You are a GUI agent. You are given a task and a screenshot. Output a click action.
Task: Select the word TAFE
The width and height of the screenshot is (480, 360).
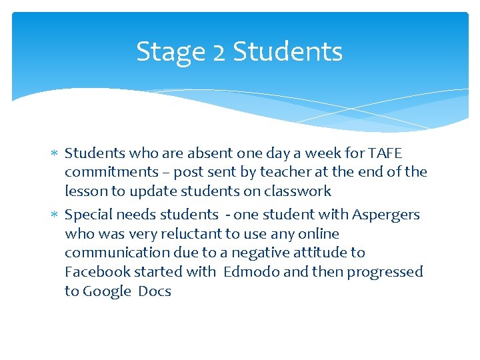(385, 153)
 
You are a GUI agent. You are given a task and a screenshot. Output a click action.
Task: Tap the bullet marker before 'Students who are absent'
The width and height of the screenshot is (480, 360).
(55, 154)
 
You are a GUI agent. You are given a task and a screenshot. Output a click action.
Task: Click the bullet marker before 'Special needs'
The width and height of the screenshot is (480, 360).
(55, 215)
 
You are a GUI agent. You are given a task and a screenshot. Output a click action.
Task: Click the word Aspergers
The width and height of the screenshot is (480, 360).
(386, 215)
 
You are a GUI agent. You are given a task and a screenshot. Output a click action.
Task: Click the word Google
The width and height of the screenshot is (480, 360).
(107, 291)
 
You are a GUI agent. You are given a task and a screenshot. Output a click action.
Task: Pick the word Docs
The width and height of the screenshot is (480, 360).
(155, 291)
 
